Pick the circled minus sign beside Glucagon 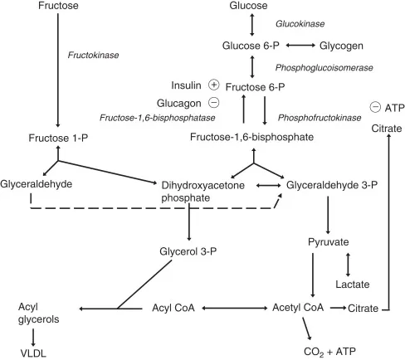click(212, 102)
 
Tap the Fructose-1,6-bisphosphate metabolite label click(250, 136)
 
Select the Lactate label click(329, 285)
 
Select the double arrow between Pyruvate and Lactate click(349, 264)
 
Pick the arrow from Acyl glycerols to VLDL click(32, 335)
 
